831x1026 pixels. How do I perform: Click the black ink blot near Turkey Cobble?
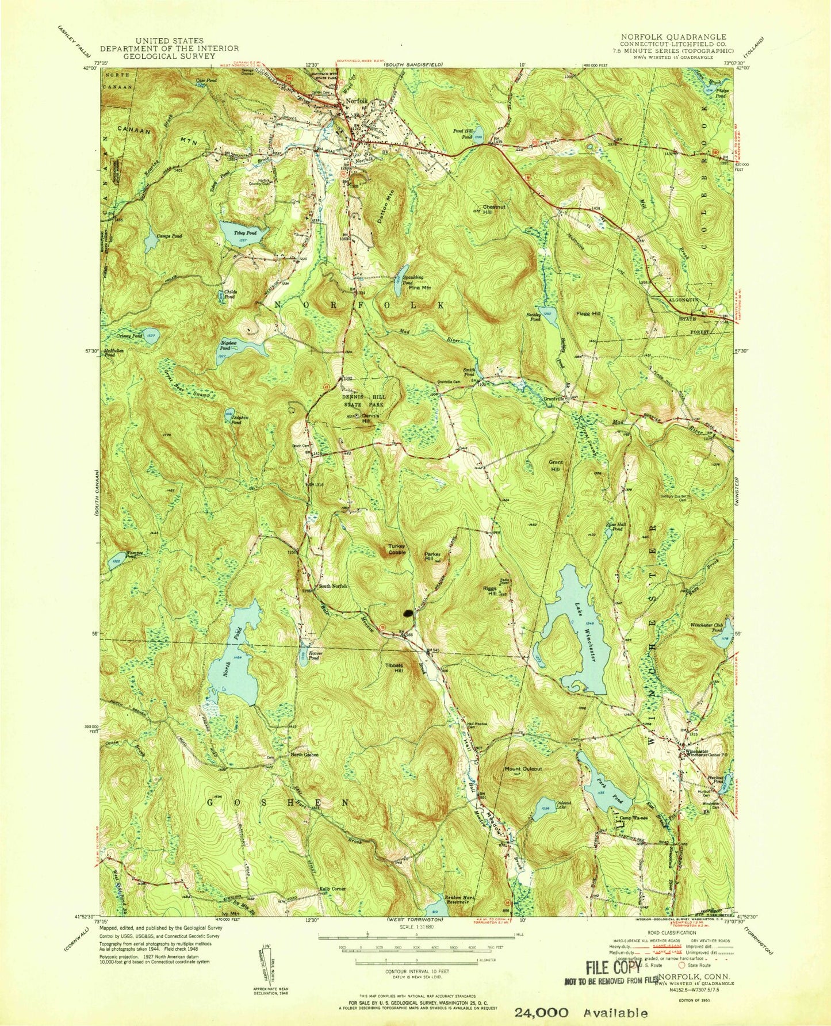tap(408, 613)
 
